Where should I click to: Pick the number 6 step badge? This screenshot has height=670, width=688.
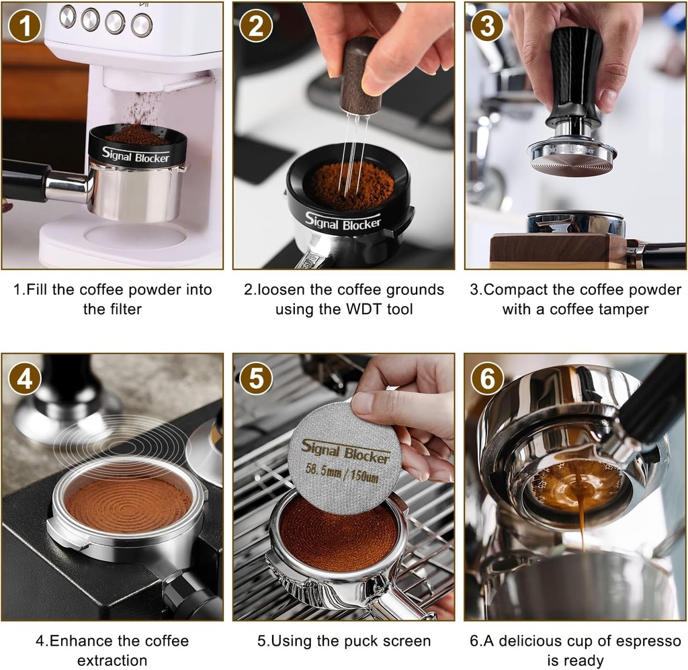coord(488,380)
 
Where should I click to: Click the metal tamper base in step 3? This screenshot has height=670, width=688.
coord(572,158)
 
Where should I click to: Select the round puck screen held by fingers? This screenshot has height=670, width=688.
coord(343,457)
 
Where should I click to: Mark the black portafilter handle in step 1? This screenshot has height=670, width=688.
coord(24,180)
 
